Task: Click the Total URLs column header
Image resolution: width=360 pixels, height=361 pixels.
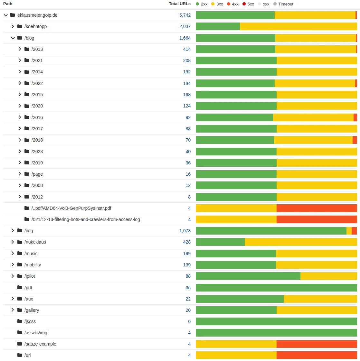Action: point(179,4)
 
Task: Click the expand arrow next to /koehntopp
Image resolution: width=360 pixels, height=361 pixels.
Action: point(13,26)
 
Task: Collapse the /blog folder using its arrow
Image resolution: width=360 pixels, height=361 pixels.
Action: point(13,38)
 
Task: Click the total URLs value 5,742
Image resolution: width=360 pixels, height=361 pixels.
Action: point(185,15)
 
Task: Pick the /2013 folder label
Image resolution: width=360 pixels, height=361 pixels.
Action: point(37,49)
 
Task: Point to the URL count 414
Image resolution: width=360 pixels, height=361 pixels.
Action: point(187,49)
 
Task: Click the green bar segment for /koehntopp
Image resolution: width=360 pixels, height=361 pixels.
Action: point(218,26)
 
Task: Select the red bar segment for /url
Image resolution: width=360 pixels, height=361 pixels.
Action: point(317,355)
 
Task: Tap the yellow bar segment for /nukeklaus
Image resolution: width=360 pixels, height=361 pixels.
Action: point(301,242)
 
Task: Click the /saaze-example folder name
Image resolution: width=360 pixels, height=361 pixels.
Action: point(40,344)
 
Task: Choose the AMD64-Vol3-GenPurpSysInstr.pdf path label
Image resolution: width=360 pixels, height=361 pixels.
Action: point(71,208)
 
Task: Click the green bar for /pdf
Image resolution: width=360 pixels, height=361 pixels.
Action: point(276,288)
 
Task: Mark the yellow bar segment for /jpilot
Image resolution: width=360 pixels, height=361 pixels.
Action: point(328,276)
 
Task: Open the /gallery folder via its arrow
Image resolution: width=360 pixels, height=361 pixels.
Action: point(13,310)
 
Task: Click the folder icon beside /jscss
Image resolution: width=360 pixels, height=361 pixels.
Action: point(20,321)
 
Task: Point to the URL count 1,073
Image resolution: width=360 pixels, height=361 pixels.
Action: point(185,231)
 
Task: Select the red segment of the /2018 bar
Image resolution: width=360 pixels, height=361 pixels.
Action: point(355,140)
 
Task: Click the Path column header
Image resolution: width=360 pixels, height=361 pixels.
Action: point(8,4)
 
